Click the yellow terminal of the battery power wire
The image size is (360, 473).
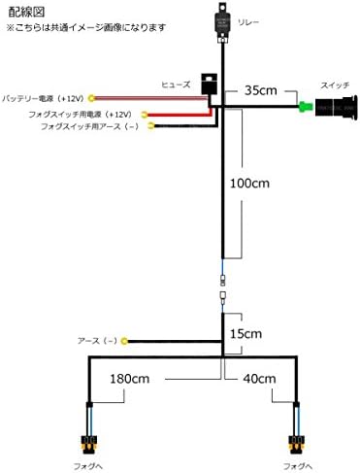(91, 98)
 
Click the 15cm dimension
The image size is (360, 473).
(244, 334)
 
